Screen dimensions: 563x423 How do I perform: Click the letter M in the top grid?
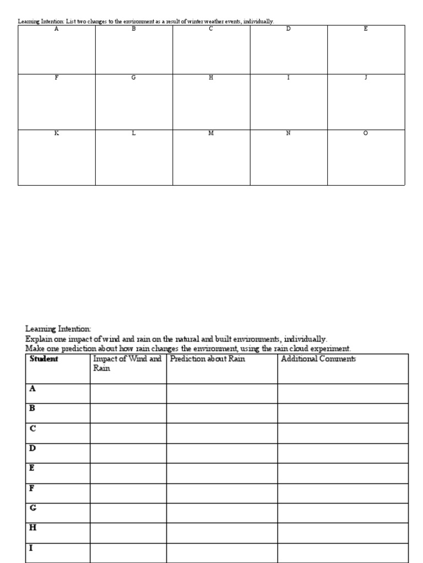211,134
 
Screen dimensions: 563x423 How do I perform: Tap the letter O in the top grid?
366,134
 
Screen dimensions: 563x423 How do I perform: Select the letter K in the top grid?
56,134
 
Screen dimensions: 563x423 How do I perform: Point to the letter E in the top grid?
366,29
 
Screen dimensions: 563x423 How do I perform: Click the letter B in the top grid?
133,29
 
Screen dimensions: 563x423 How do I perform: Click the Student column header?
44,359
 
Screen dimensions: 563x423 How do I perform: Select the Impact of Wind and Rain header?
127,363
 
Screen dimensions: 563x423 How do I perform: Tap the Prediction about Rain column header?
208,359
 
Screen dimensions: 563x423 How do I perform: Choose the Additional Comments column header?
318,359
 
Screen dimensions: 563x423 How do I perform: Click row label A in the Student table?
32,389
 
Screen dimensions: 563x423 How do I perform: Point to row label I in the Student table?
31,548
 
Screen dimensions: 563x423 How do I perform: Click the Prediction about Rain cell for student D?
222,453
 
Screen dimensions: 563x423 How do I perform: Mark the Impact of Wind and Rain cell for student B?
128,413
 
